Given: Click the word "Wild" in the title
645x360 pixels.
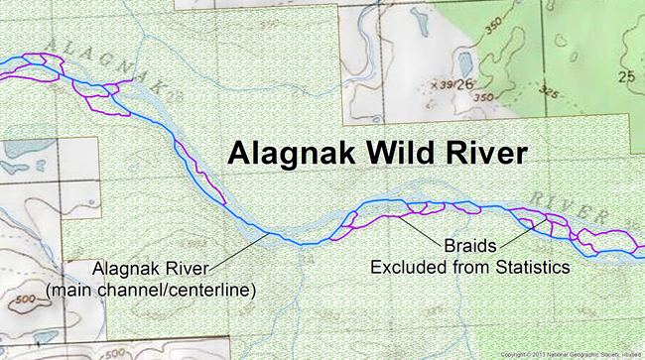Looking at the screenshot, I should tap(390, 154).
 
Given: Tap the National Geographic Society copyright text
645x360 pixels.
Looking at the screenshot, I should tap(570, 354).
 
